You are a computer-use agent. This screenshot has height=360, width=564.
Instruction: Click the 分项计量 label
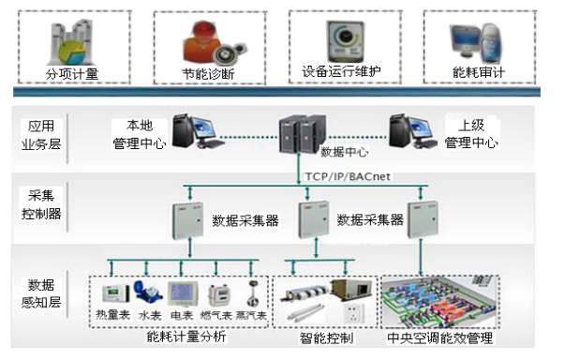(x=72, y=73)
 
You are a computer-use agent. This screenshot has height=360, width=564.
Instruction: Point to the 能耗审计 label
(x=480, y=72)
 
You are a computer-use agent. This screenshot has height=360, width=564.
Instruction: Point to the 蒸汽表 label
(x=250, y=316)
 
